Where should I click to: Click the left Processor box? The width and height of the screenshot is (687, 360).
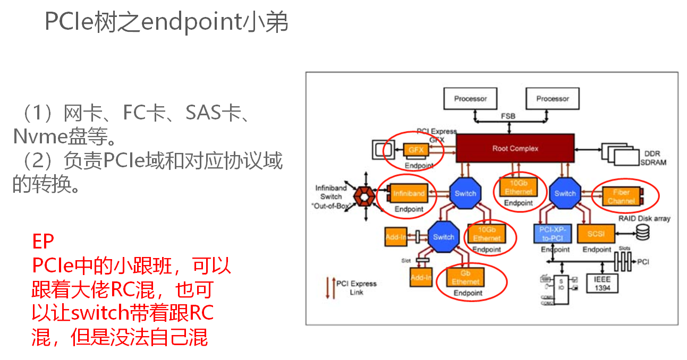470,98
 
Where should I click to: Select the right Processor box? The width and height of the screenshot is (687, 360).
552,98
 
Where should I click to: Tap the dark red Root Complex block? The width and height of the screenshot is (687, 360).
515,148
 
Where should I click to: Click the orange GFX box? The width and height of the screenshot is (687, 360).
415,150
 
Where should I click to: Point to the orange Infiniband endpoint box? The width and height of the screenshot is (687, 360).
408,193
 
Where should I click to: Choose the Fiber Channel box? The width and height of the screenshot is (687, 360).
621,196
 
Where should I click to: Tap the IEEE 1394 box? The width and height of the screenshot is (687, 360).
603,283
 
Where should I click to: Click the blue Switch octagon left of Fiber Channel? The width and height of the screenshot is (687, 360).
565,193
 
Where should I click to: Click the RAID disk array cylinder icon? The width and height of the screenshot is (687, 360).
643,232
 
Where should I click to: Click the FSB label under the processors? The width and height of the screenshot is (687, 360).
507,116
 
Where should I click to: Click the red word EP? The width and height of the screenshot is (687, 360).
43,242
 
